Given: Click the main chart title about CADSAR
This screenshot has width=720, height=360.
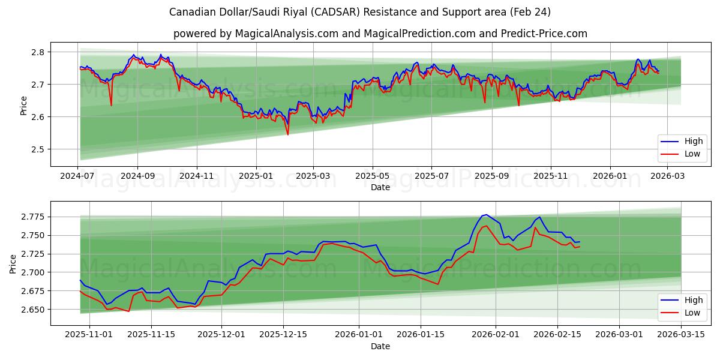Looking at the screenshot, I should [360, 12].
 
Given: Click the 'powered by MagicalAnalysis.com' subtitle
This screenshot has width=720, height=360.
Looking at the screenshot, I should [380, 34].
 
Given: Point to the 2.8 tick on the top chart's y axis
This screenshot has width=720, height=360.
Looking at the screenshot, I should [37, 52].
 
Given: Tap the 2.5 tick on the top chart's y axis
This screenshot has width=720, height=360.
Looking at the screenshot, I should [37, 149].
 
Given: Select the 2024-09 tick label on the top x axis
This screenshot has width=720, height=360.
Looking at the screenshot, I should [137, 176].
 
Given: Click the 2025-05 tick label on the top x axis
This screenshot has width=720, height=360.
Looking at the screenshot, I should [373, 176].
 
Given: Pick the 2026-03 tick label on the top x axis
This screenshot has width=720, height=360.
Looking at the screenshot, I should [668, 176].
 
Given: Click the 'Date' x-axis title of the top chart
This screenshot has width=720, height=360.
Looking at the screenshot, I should [380, 187].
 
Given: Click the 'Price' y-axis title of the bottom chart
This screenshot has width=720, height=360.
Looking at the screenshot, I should [13, 264].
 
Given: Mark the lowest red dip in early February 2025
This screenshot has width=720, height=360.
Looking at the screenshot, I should [287, 134].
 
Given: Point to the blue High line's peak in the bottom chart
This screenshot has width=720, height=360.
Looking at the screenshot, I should [486, 214].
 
